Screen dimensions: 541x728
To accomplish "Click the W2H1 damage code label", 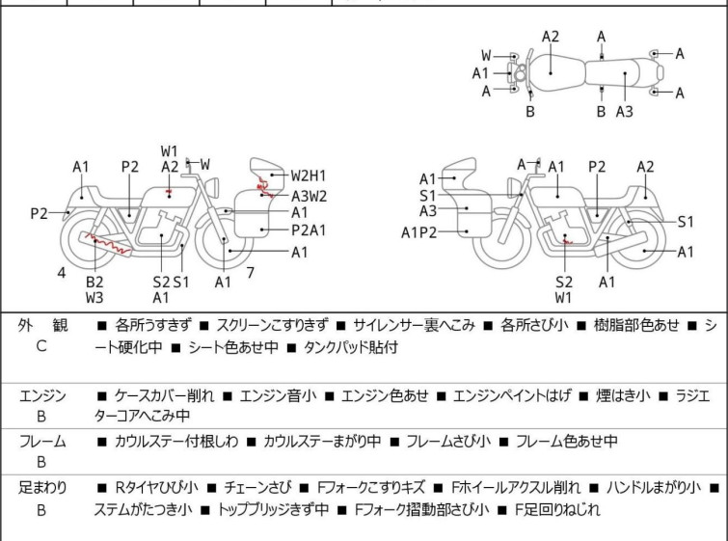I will [x=309, y=176].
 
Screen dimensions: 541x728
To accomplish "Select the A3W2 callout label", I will [x=309, y=195].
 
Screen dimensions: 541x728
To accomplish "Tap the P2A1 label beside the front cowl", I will [x=309, y=230].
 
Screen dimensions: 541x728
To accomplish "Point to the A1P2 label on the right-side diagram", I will [x=419, y=231].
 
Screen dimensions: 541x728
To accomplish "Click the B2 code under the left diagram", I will [x=94, y=282].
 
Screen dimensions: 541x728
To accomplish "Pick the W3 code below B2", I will [x=94, y=298].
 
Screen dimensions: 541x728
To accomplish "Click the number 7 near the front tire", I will [x=250, y=273].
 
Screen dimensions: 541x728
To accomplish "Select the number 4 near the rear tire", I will [x=62, y=273].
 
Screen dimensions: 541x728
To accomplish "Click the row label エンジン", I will [x=42, y=395].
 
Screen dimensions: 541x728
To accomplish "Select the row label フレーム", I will [x=42, y=442].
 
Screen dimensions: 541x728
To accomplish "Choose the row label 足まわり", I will [x=42, y=489].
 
